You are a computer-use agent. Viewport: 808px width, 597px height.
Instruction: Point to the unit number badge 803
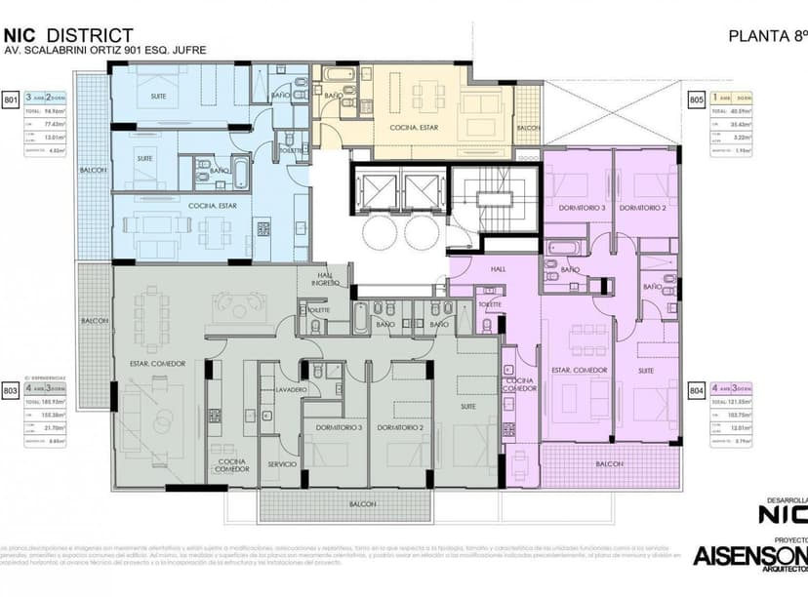click(12, 390)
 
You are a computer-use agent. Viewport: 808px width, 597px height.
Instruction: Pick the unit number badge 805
click(697, 99)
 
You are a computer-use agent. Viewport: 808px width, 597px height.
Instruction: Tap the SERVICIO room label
click(282, 464)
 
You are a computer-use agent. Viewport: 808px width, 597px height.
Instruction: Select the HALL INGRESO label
click(324, 279)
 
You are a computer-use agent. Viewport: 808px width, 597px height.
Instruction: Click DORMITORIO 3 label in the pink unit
click(582, 208)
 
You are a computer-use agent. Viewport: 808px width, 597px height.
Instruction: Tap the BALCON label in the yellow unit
click(528, 128)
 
